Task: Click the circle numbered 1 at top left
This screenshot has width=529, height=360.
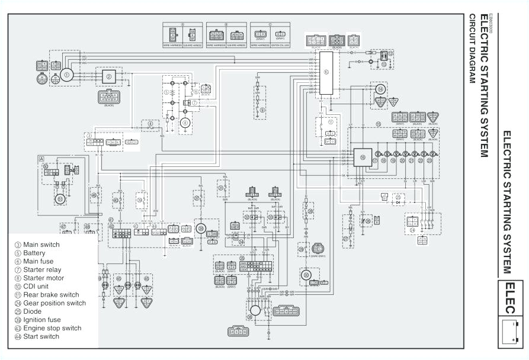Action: point(66,75)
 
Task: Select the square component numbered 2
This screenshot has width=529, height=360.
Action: point(109,76)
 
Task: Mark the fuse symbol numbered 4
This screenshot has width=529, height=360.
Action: point(150,125)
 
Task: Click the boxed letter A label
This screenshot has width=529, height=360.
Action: point(41,159)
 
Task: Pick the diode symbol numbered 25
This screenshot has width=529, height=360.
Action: point(398,197)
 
